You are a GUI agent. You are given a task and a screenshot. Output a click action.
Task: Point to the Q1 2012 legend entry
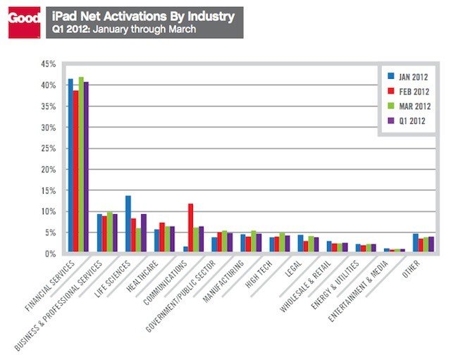pos(406,121)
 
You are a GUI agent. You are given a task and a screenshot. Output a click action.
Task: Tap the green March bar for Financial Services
pos(81,165)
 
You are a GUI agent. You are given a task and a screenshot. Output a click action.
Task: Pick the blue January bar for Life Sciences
pos(128,224)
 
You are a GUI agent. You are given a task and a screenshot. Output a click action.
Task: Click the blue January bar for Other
pos(415,243)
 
